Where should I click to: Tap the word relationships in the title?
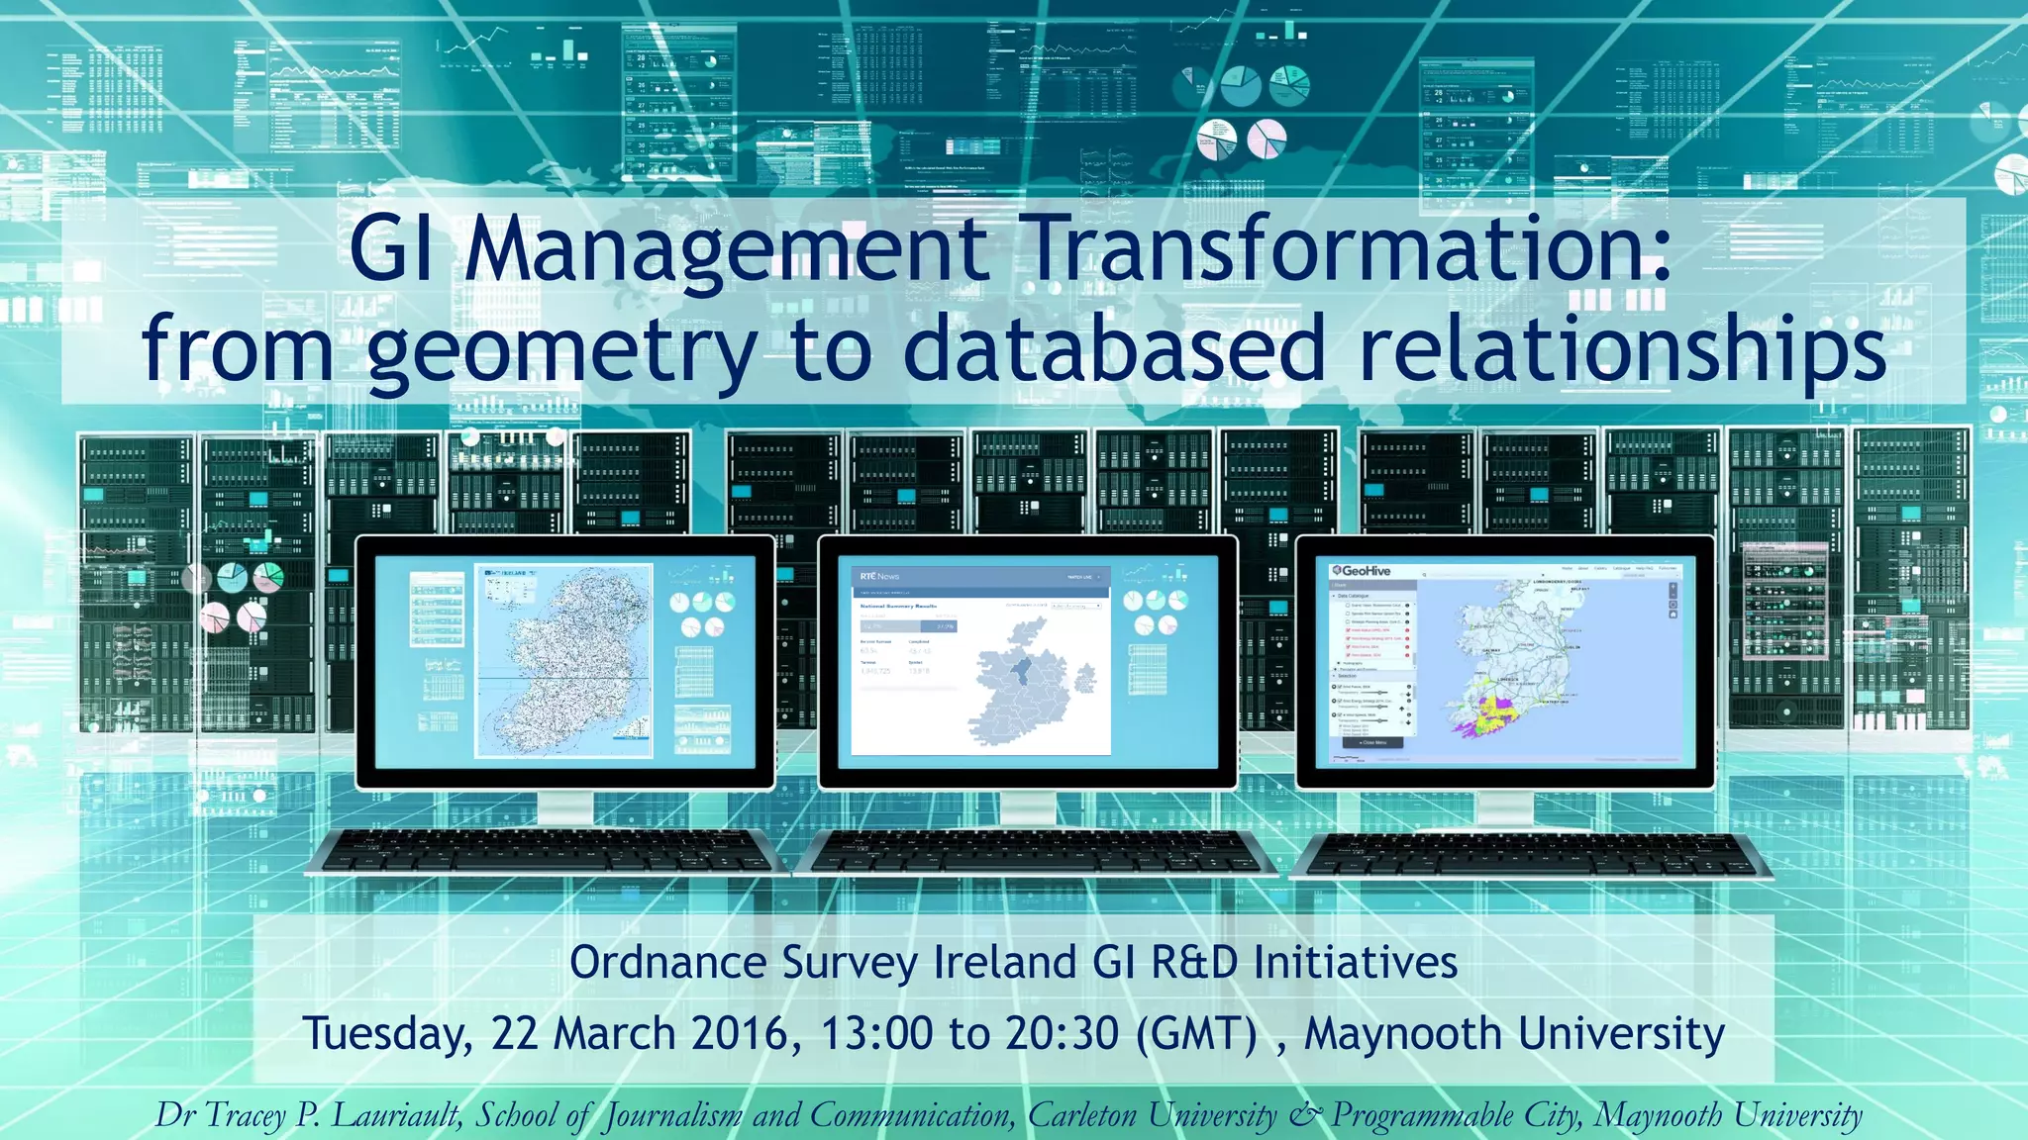point(1622,351)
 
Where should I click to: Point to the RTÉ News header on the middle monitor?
point(879,576)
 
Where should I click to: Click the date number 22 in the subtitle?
point(514,1034)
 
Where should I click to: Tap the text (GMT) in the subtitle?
point(1196,1034)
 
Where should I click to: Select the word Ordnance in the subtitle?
point(668,963)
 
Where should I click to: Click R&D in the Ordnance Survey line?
point(1194,963)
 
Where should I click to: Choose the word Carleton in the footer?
point(1082,1115)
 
